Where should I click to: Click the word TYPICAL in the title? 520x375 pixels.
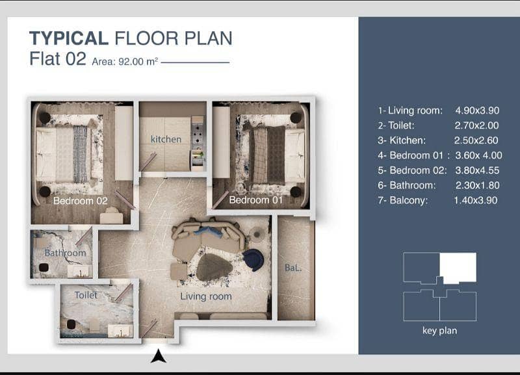tap(69, 38)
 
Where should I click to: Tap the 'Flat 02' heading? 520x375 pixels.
tap(58, 58)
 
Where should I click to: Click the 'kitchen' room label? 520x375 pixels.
tap(166, 139)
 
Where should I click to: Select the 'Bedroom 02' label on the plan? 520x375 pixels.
tap(80, 201)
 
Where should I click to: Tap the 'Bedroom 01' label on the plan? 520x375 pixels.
tap(255, 200)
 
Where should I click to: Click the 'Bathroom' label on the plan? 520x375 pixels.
tap(66, 253)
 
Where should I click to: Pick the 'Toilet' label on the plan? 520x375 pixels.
tap(86, 295)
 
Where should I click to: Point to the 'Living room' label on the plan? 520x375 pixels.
tap(206, 296)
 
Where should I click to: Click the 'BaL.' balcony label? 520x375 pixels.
tap(293, 268)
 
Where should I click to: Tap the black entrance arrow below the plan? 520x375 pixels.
tap(159, 356)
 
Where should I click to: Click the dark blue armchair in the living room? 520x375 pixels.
tap(253, 259)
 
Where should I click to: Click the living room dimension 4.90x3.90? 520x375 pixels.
tap(477, 110)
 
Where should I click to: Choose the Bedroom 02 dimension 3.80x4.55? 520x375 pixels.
tap(477, 170)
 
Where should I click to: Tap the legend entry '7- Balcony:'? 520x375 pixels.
tap(402, 200)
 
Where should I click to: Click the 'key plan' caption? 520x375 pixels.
tap(440, 331)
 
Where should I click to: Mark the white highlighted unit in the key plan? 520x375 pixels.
tap(458, 267)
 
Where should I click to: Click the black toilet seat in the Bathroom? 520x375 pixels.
tap(44, 267)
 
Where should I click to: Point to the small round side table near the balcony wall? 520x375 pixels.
tap(257, 235)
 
